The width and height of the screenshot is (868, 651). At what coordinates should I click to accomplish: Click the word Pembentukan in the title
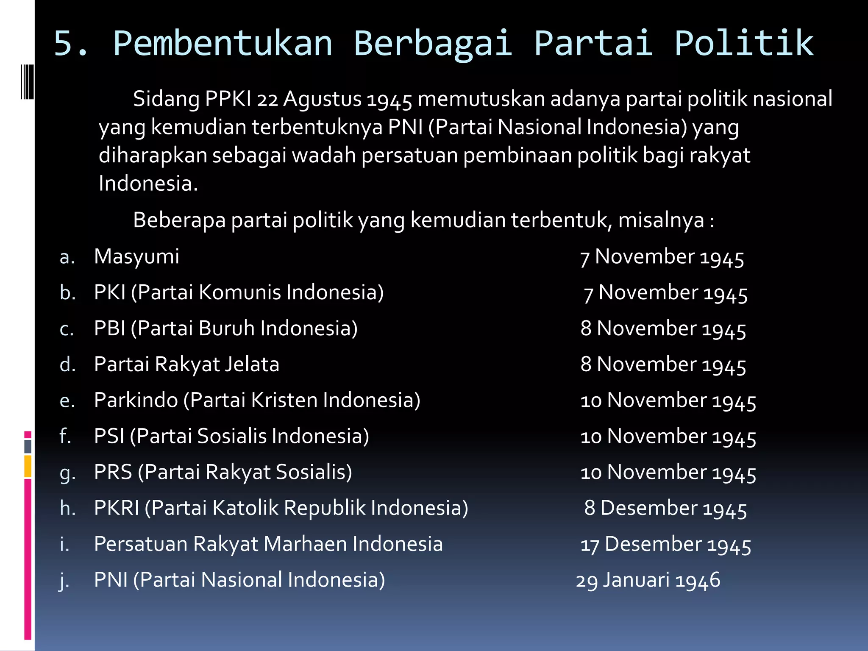[x=223, y=43]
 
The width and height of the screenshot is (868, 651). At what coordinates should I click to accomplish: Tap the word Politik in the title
[x=744, y=43]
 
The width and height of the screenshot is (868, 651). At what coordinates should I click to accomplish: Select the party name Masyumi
[x=136, y=257]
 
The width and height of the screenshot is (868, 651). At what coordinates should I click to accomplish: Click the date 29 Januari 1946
[x=648, y=580]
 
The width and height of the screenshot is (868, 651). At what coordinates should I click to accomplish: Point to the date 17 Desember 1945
[x=665, y=544]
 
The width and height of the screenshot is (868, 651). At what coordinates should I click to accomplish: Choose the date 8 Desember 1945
[x=665, y=508]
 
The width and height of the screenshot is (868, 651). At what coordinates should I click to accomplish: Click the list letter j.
[x=64, y=580]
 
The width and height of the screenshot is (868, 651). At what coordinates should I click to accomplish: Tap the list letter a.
[x=67, y=257]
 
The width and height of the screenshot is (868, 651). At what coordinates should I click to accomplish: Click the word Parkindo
[x=136, y=401]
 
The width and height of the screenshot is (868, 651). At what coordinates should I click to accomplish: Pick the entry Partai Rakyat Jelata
[x=186, y=364]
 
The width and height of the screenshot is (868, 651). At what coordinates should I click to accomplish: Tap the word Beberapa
[x=179, y=220]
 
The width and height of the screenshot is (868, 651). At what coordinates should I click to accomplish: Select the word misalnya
[x=661, y=220]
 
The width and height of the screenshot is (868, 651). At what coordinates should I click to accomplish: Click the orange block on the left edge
[x=28, y=466]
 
